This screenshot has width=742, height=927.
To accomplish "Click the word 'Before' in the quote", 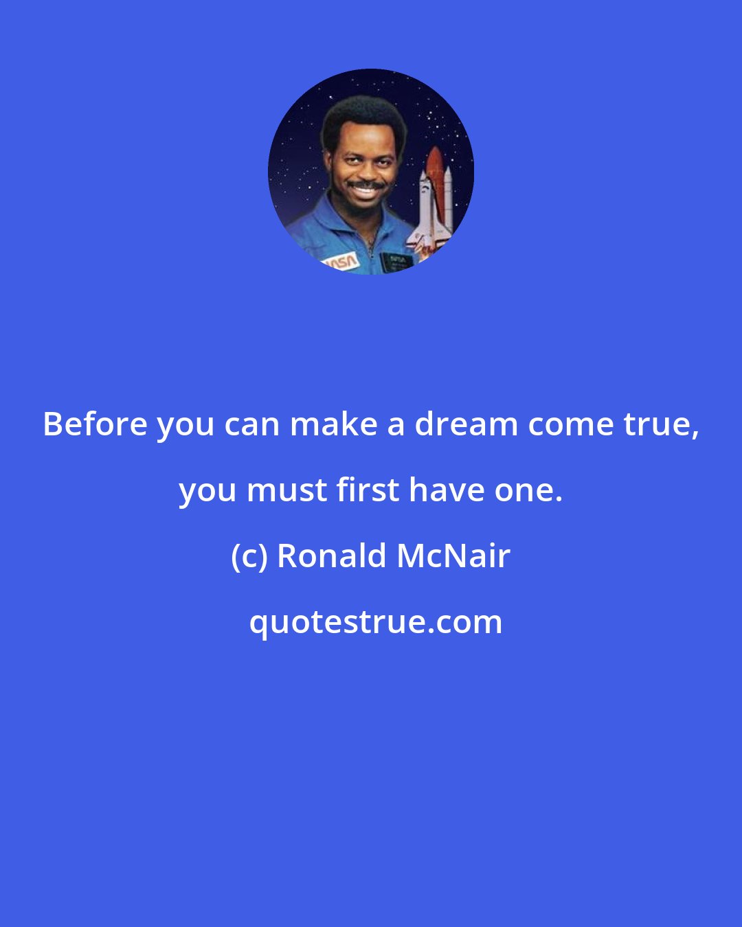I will (95, 424).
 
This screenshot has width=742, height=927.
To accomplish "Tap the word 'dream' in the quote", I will (464, 424).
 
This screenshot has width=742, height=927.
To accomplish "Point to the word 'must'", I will (286, 490).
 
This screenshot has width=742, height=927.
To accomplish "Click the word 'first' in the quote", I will (368, 490).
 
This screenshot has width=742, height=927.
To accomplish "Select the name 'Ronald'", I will (332, 556).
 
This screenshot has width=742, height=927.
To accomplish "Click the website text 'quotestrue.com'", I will (375, 622).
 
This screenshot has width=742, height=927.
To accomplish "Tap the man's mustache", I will (366, 185).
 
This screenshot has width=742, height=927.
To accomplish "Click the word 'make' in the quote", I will (333, 424).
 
